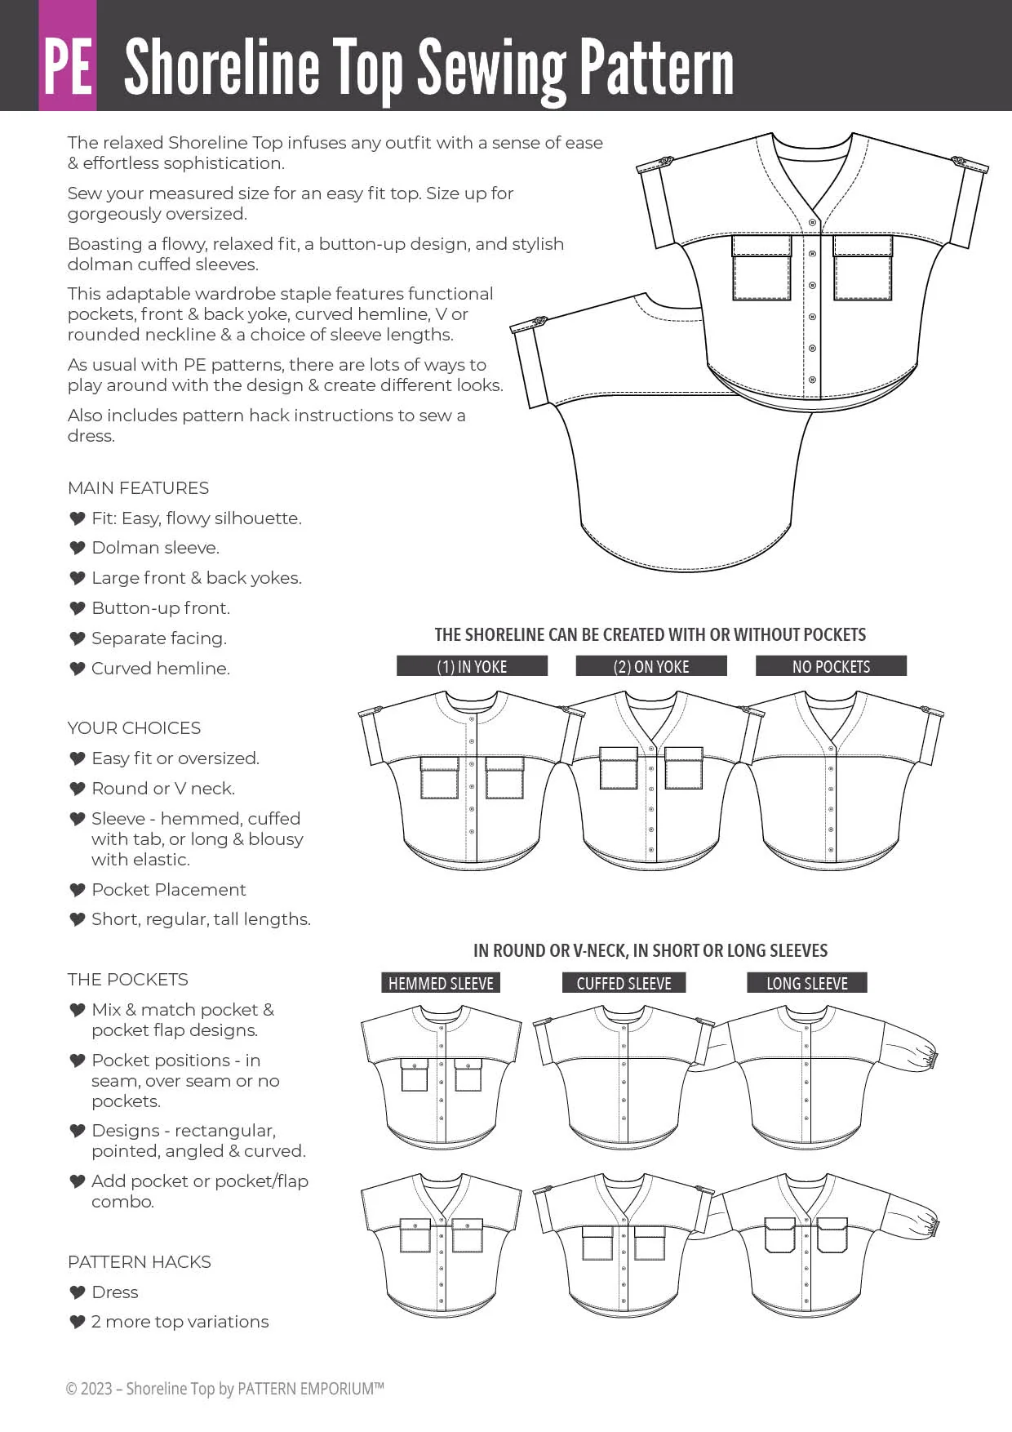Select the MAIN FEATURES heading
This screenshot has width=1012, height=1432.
coord(138,488)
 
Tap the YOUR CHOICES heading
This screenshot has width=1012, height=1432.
coord(134,728)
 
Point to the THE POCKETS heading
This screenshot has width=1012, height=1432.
coord(127,980)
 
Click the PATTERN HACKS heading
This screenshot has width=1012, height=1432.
coord(139,1262)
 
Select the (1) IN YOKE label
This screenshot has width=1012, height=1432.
coord(472,666)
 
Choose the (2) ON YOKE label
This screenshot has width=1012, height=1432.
coord(651,666)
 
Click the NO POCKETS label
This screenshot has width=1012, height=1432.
coord(831,666)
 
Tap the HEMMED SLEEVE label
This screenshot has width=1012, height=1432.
coord(441,983)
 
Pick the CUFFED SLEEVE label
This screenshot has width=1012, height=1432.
coord(624,983)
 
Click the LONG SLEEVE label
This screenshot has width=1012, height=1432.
coord(806,983)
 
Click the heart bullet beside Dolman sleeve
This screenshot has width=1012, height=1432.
coord(78,548)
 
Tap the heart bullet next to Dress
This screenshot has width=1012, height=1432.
coord(78,1292)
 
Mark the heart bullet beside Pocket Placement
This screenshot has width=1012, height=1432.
coord(78,890)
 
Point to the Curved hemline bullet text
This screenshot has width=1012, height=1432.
coord(161,669)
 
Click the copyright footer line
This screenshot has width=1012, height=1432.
coord(224,1389)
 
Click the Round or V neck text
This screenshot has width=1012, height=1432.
coord(163,789)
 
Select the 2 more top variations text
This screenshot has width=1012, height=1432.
coord(180,1322)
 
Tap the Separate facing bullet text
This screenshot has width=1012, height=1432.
coord(159,638)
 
